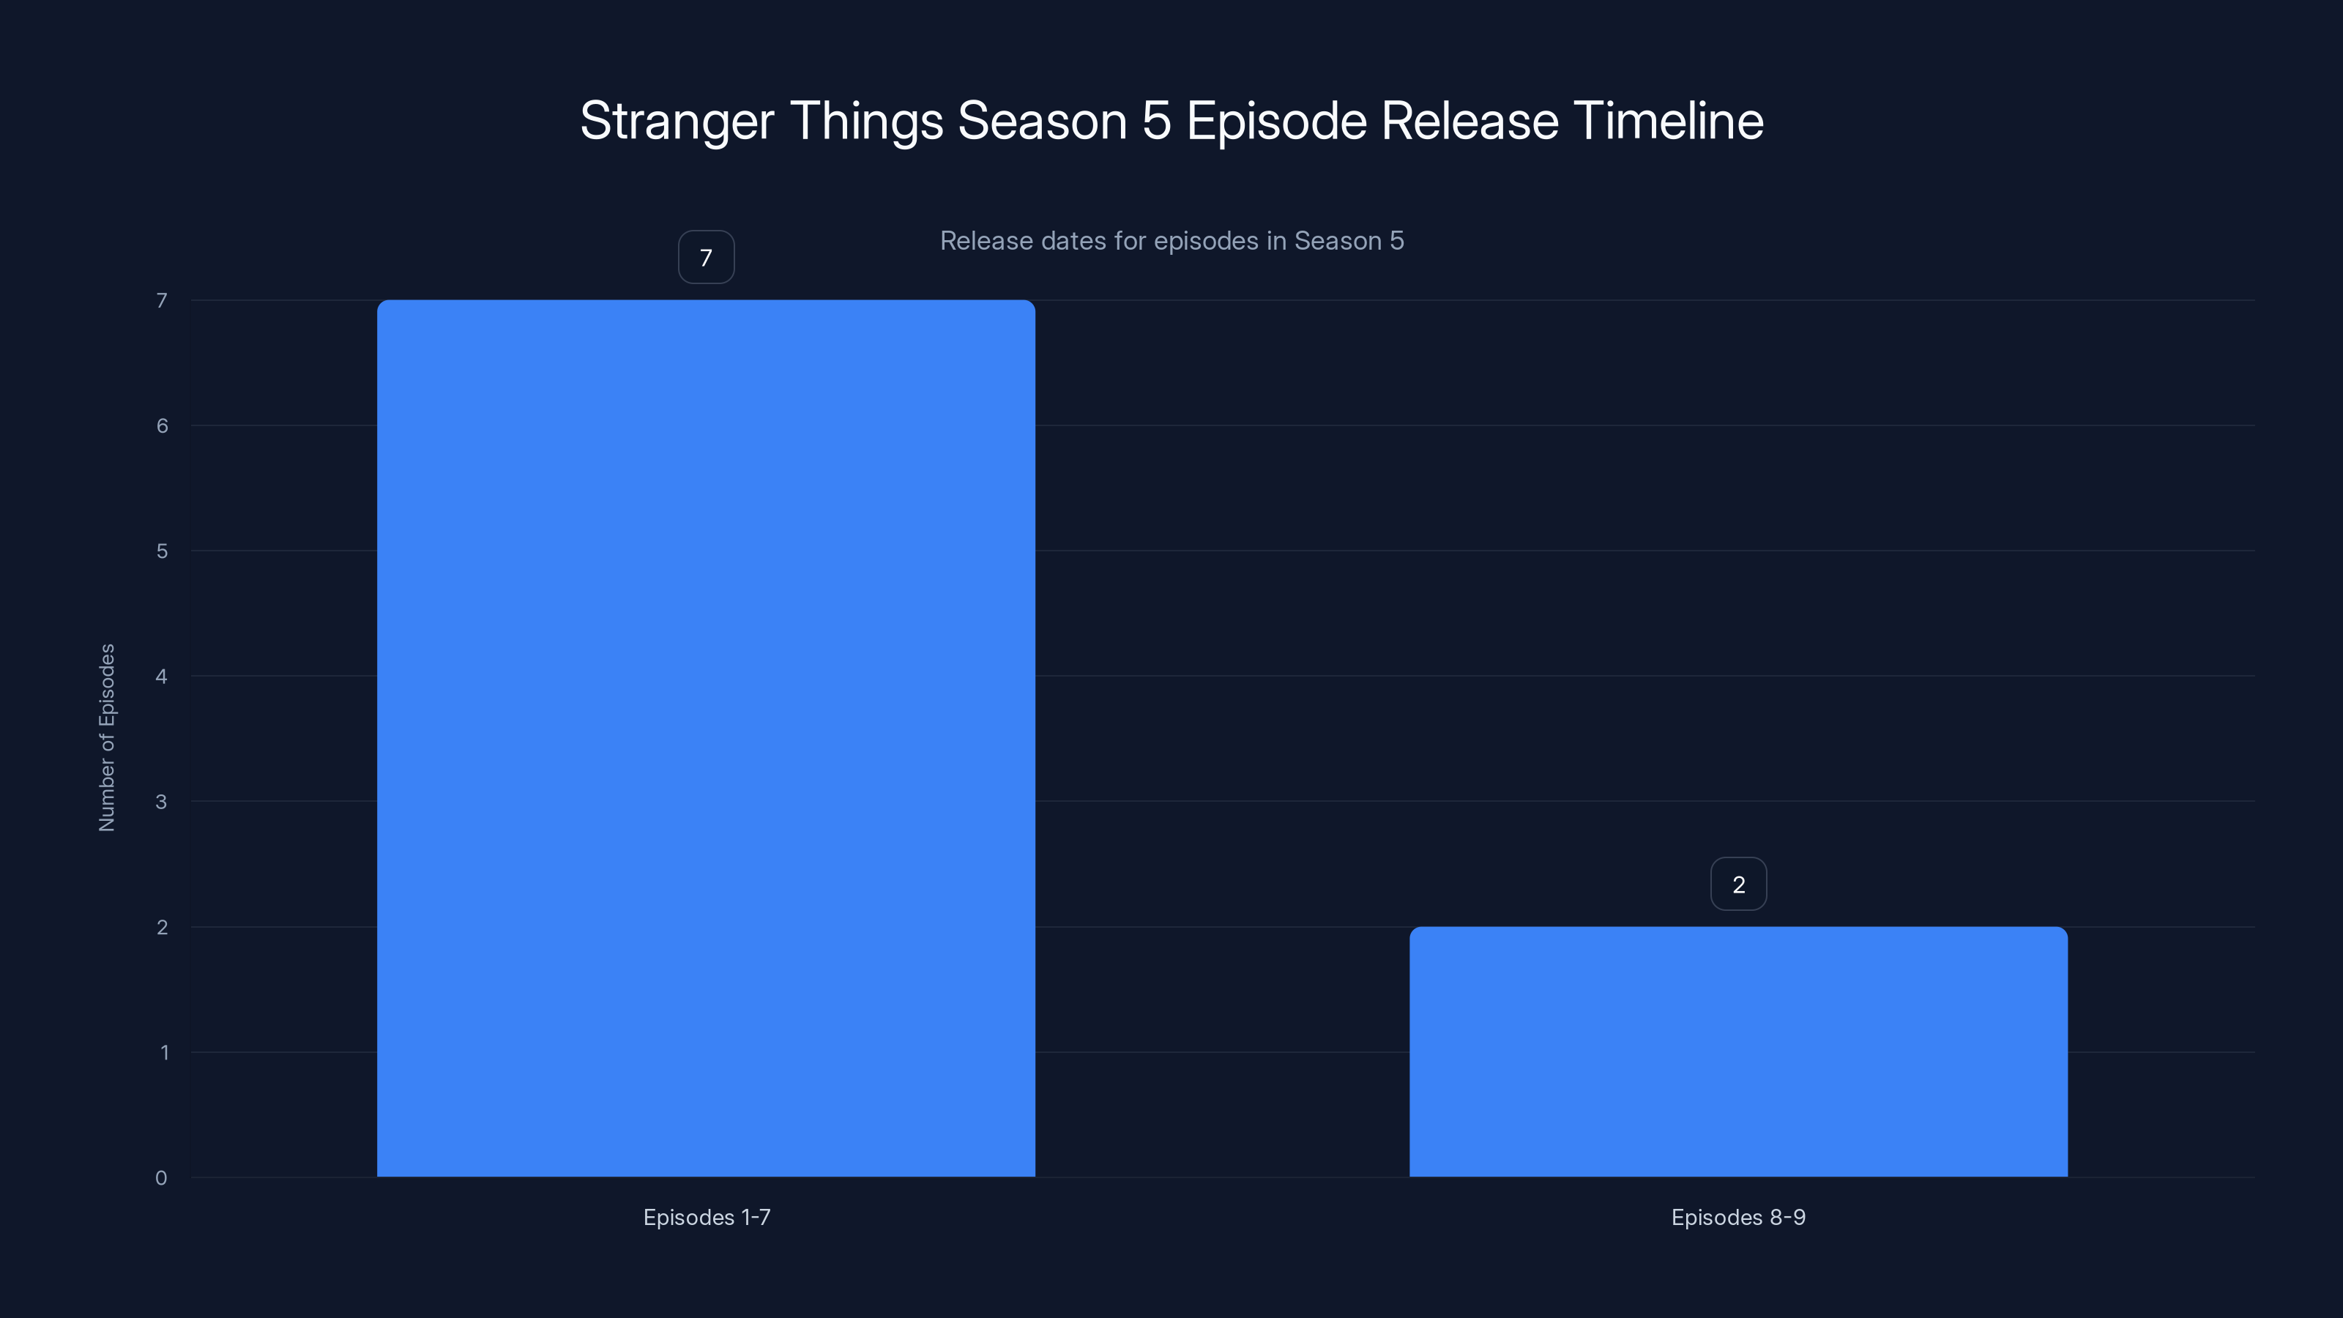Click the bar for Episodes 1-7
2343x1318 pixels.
(706, 737)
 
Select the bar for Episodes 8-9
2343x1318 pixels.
(1738, 1051)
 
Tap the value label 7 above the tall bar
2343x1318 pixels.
(706, 258)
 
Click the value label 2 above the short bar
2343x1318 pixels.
(1738, 884)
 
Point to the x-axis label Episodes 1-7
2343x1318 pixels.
(706, 1217)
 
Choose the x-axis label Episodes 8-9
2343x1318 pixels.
(1738, 1217)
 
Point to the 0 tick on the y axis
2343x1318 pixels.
(161, 1178)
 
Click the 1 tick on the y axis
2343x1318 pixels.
(164, 1052)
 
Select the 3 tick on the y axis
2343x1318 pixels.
(161, 801)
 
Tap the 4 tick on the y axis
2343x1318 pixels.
(161, 676)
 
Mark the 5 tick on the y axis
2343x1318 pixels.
(161, 551)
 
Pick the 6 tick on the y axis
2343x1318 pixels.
(161, 425)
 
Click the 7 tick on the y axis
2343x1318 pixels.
(161, 300)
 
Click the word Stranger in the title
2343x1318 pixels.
(677, 121)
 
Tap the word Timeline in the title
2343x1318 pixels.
(1668, 121)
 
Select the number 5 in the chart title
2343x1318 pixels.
(1156, 121)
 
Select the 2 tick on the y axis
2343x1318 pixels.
(161, 927)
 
